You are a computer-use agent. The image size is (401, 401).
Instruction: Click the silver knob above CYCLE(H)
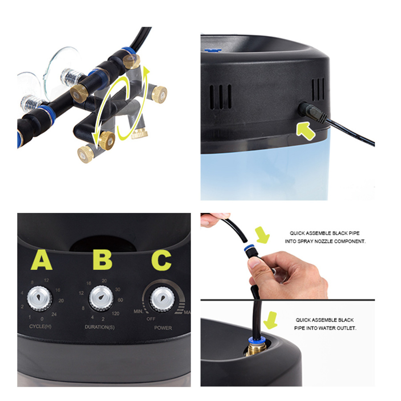[x=40, y=298]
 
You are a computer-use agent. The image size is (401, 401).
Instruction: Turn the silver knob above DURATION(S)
[x=101, y=298]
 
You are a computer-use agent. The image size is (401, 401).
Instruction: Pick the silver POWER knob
[x=161, y=300]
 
